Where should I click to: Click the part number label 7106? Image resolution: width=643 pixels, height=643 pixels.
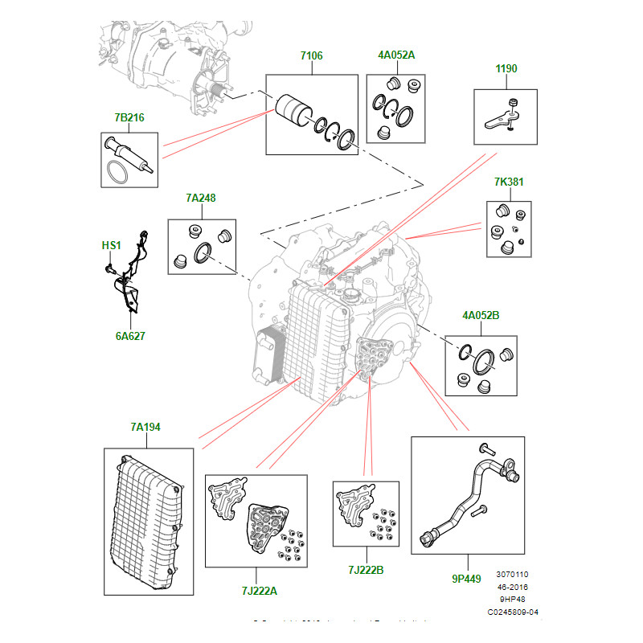[x=311, y=55]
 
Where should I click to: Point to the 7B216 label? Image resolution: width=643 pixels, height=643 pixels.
[x=129, y=117]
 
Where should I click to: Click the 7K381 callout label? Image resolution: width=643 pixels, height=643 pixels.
[x=509, y=182]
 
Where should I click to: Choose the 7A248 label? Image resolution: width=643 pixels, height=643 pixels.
[x=200, y=198]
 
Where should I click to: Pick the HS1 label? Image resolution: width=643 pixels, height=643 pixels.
[x=110, y=244]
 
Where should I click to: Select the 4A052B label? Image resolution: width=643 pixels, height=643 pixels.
[x=481, y=316]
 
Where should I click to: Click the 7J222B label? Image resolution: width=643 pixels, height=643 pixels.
[x=366, y=571]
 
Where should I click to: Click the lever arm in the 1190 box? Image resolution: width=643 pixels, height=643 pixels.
[x=502, y=117]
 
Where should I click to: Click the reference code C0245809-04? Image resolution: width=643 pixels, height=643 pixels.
[x=513, y=612]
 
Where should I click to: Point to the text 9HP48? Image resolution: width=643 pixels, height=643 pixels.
[x=514, y=600]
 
